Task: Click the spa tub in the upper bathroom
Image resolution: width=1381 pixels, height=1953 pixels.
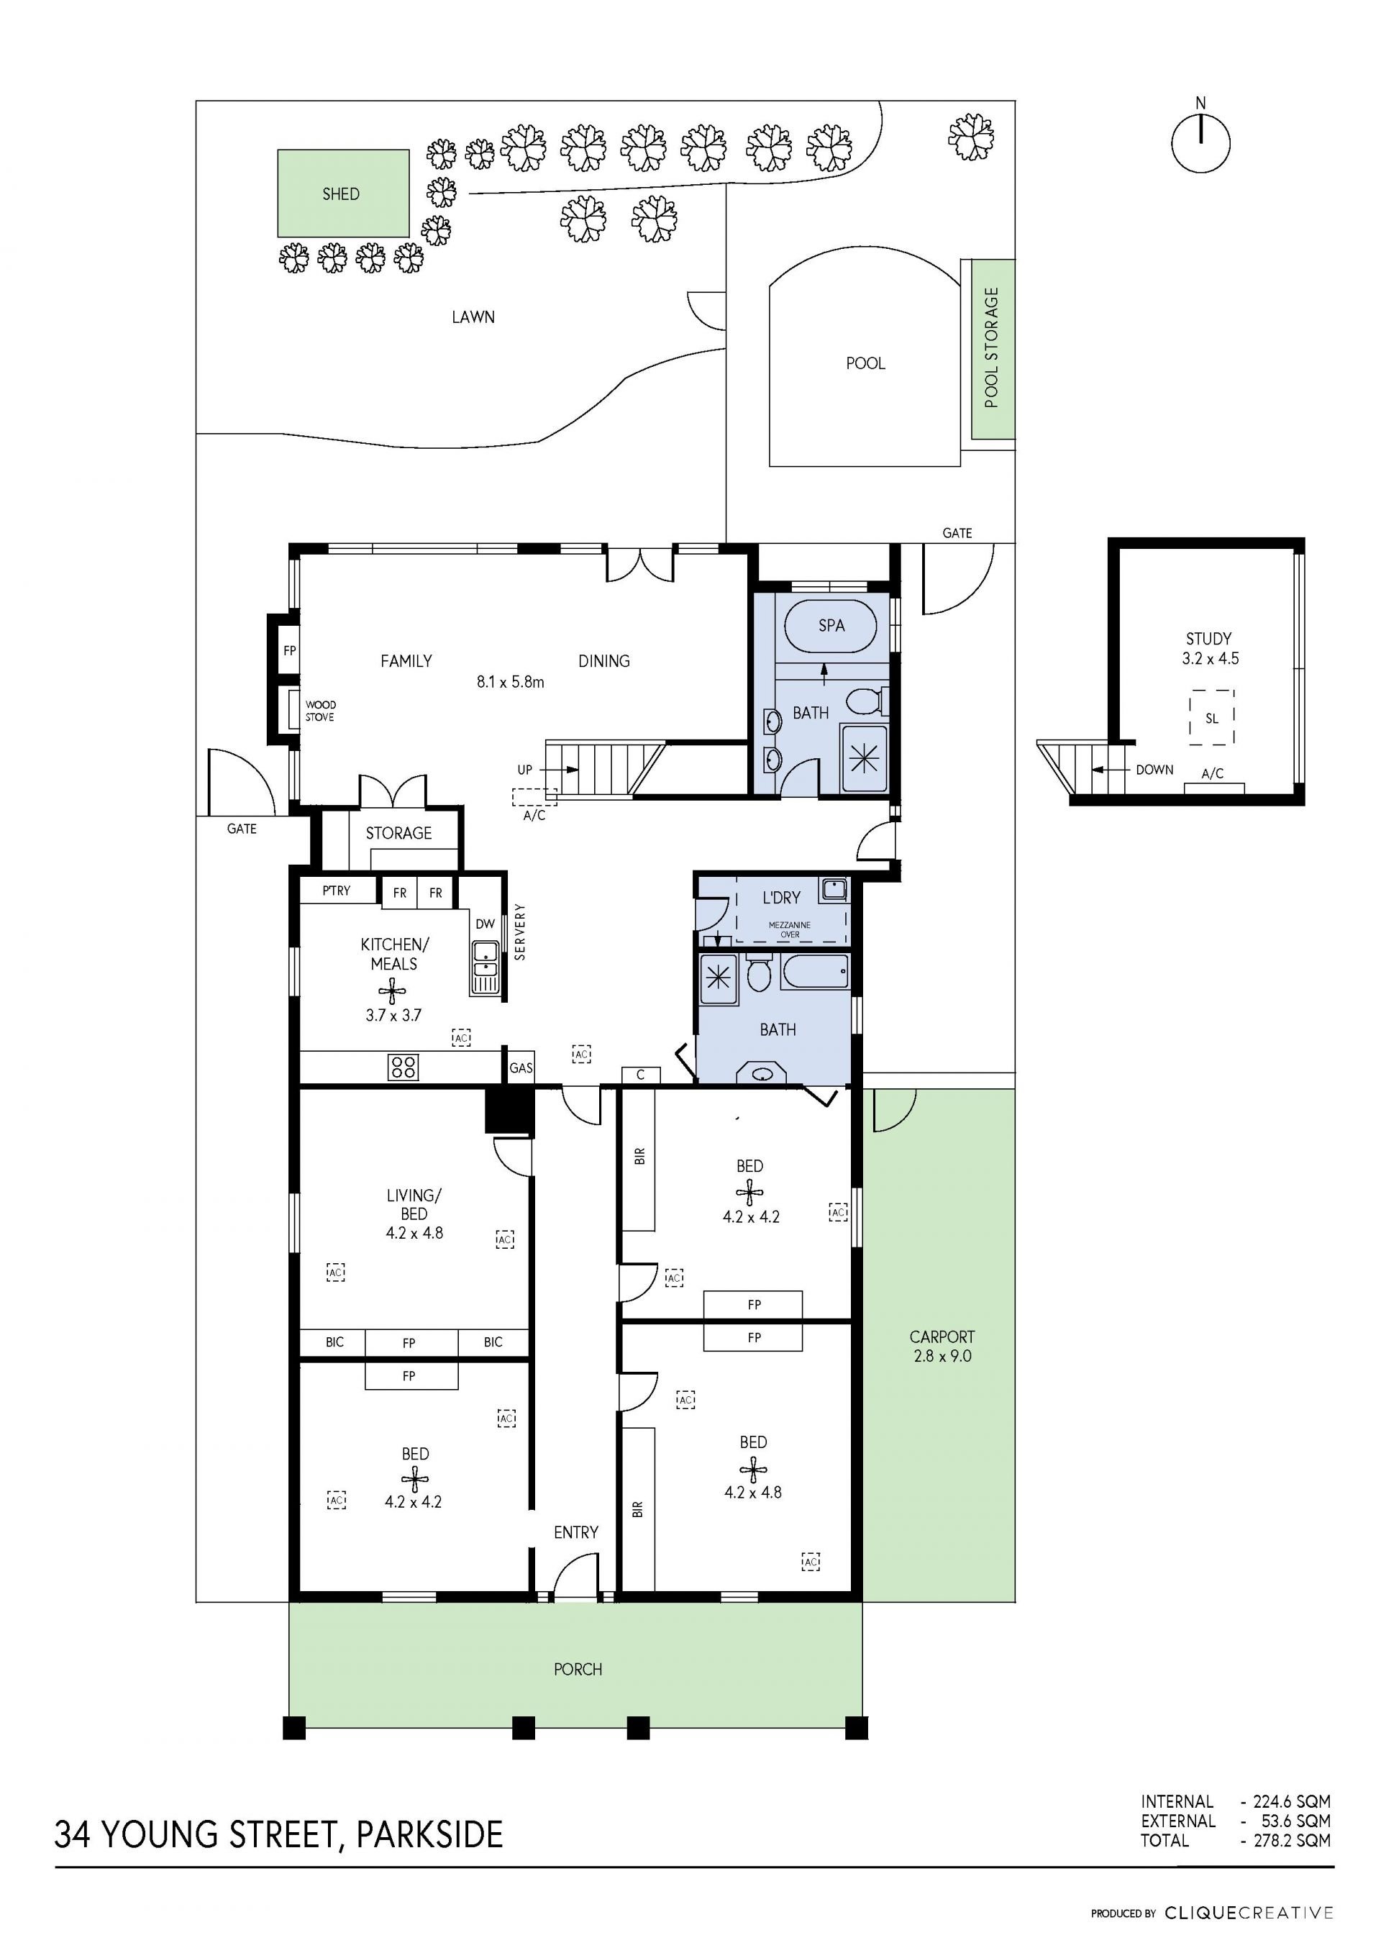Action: [830, 625]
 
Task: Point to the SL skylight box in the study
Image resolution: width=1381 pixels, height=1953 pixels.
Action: [1211, 718]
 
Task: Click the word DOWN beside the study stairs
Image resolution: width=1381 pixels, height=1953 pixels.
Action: [1154, 769]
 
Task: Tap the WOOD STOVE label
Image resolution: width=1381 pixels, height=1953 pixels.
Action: [320, 710]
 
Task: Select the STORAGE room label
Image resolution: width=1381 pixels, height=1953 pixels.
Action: [398, 833]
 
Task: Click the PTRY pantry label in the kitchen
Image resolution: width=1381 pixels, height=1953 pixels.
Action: [336, 890]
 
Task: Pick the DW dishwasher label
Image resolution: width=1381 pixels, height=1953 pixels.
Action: [485, 924]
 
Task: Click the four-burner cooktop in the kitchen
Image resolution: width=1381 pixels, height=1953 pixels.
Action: [403, 1067]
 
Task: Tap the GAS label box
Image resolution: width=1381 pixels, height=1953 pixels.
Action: [521, 1067]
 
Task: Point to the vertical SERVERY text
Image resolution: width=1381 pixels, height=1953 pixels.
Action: [519, 932]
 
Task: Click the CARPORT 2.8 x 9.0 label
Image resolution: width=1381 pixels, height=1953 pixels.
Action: [942, 1346]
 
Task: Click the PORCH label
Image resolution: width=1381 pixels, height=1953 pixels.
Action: [578, 1669]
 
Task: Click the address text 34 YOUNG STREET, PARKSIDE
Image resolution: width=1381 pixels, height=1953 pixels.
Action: [279, 1835]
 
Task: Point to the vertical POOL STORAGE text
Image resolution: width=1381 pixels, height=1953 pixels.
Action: [992, 348]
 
